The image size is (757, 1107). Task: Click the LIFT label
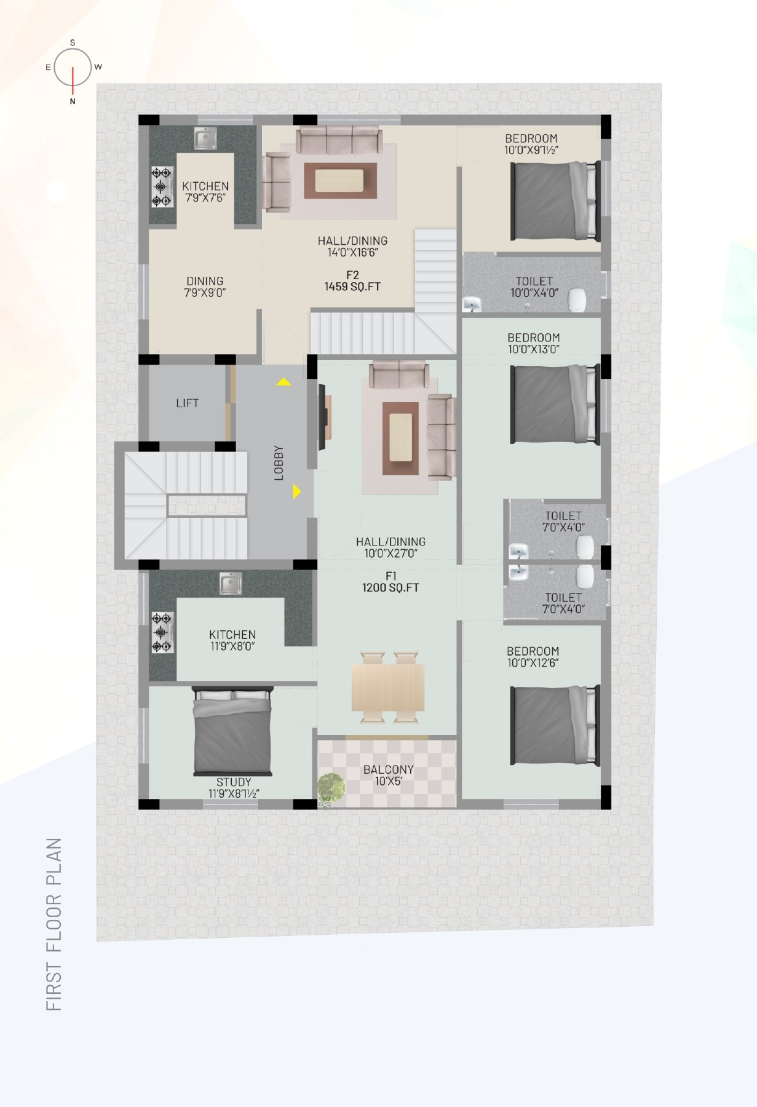point(187,403)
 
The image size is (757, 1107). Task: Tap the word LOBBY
point(279,462)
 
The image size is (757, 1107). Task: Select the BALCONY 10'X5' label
point(388,775)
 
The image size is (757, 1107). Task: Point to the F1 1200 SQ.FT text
point(390,582)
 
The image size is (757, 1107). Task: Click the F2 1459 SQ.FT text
point(352,281)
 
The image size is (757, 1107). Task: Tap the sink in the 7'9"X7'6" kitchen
point(205,138)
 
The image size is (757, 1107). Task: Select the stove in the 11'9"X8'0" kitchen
point(162,632)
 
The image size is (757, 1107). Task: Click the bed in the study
point(232,731)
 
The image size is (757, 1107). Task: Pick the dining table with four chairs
point(388,687)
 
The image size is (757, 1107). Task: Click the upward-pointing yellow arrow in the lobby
point(283,382)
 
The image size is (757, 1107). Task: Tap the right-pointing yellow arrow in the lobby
point(297,491)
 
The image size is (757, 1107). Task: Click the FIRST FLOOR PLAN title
point(54,925)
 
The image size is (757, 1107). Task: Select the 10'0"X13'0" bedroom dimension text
point(533,349)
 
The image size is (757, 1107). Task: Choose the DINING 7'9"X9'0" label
point(205,287)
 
